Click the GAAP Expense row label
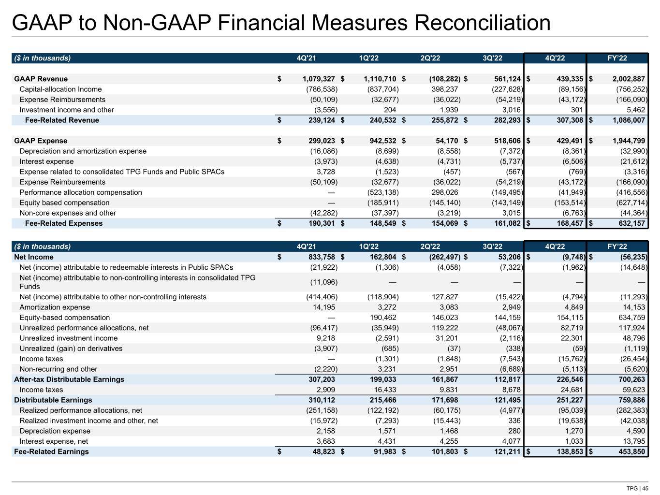click(41, 141)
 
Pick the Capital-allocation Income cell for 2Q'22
click(444, 89)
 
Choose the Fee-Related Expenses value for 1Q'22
click(380, 223)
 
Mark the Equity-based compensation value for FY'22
click(629, 318)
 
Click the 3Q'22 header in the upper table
click(492, 58)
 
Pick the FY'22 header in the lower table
click(617, 247)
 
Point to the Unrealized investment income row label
click(68, 338)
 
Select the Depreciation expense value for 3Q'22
click(513, 431)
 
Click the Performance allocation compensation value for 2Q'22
click(444, 192)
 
